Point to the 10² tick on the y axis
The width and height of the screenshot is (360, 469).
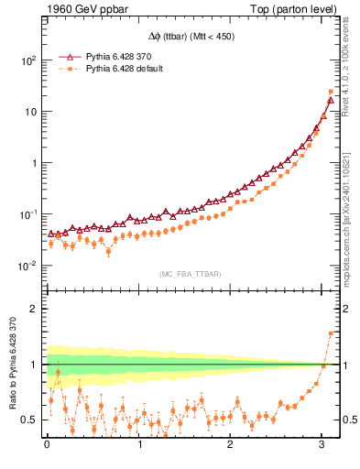[x=28, y=60]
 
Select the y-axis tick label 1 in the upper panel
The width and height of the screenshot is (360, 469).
[x=36, y=163]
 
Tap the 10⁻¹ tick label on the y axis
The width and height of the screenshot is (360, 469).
[x=28, y=214]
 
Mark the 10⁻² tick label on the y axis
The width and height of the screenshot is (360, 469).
[x=28, y=266]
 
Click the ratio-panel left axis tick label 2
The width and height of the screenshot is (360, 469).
[x=36, y=309]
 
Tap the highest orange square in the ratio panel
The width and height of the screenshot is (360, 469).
[x=331, y=333]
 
